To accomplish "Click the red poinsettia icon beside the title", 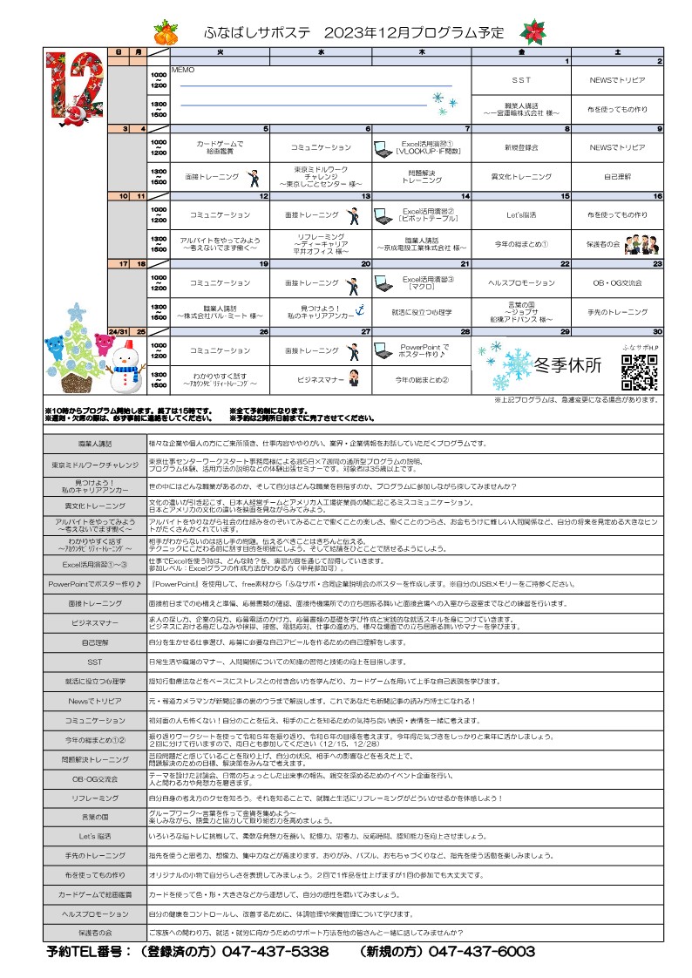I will (533, 31).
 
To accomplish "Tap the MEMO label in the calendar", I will (183, 69).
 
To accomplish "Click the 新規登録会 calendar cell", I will (521, 148).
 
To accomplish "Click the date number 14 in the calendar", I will (465, 197).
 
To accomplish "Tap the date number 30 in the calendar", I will (658, 332).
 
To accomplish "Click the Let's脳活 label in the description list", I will (96, 835).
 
